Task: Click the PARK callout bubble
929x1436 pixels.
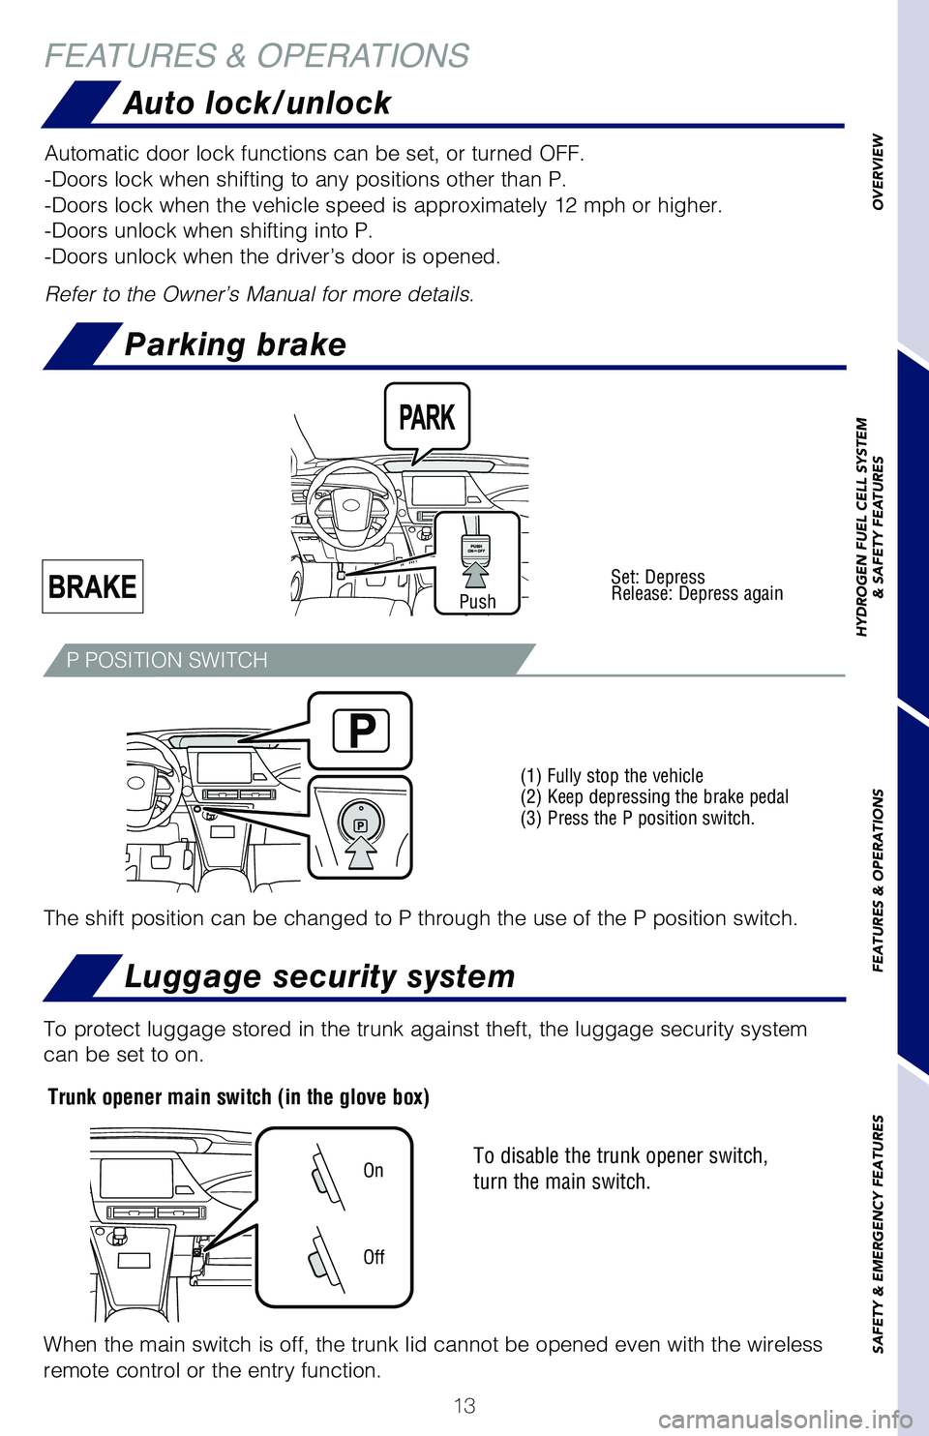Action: (x=427, y=417)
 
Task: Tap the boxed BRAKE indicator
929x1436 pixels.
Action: (x=93, y=586)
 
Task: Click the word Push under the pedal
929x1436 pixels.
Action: (x=477, y=602)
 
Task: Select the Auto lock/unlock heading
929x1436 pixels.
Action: (x=256, y=103)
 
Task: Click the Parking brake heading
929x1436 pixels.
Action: (x=235, y=344)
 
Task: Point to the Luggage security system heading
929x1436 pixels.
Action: (x=319, y=976)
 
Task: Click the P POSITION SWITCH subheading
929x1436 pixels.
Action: (x=166, y=660)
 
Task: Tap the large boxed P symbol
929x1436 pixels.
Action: (x=361, y=731)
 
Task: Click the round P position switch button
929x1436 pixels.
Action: (x=360, y=823)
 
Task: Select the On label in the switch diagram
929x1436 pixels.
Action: (x=374, y=1171)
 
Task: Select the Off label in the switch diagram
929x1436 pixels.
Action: (x=374, y=1257)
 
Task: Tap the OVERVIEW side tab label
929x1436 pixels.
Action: (x=878, y=171)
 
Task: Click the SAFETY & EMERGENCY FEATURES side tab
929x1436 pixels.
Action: (x=878, y=1234)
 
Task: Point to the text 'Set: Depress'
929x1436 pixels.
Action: (x=658, y=577)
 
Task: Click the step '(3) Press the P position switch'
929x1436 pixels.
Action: (x=637, y=819)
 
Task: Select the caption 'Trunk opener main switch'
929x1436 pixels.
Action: (x=238, y=1097)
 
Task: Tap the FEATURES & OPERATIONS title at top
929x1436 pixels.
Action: (x=256, y=56)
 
